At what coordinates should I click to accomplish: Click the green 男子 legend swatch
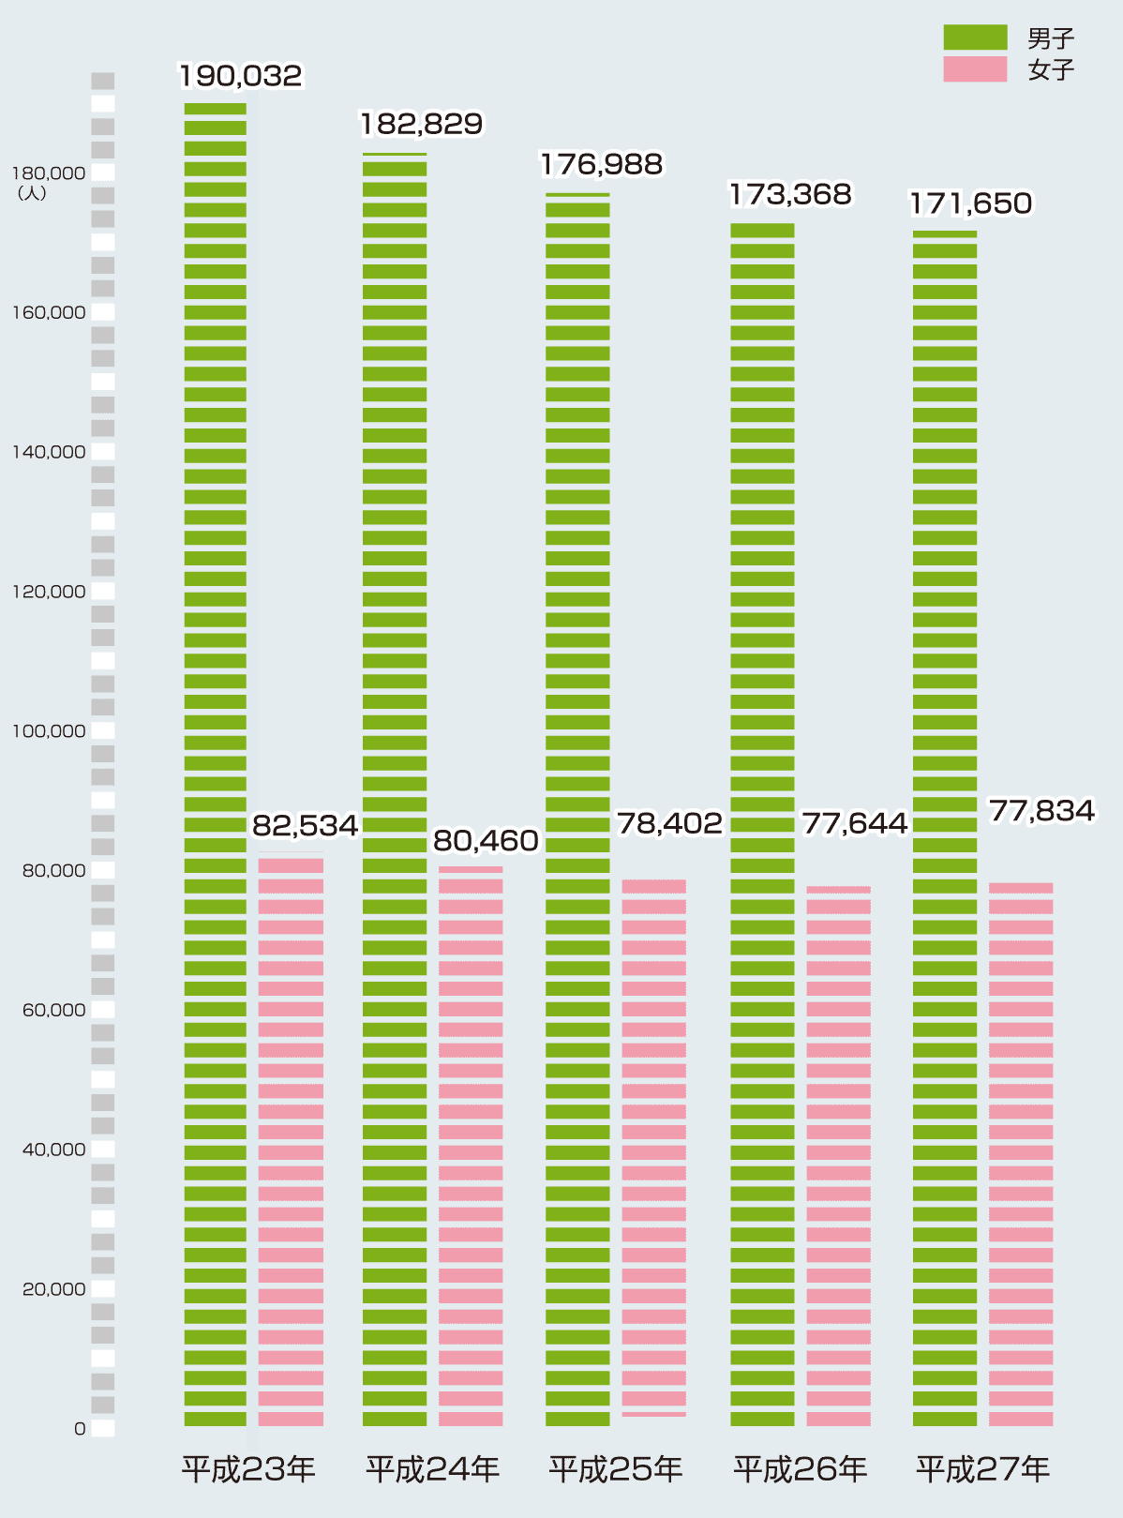(x=975, y=38)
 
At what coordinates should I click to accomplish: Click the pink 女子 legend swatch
(x=975, y=69)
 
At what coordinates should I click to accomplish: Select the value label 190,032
(x=241, y=76)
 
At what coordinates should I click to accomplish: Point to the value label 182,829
(x=421, y=124)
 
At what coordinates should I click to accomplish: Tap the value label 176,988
(x=601, y=165)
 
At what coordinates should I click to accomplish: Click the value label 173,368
(x=790, y=195)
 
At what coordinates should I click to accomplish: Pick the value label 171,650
(x=971, y=203)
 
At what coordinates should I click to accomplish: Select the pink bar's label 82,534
(x=306, y=826)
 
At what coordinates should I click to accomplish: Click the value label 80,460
(x=486, y=842)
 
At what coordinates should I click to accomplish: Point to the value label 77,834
(x=1041, y=811)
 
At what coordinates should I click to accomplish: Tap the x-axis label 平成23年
(x=248, y=1469)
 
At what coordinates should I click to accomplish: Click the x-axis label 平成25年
(x=616, y=1469)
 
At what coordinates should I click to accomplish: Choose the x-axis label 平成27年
(x=983, y=1469)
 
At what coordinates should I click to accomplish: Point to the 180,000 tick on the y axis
(x=48, y=173)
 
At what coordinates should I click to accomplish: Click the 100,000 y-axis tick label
(x=48, y=731)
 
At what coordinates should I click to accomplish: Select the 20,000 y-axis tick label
(x=53, y=1289)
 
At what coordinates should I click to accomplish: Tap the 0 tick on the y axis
(x=80, y=1429)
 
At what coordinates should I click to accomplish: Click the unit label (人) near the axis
(x=32, y=194)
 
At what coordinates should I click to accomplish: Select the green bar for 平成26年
(x=762, y=825)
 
